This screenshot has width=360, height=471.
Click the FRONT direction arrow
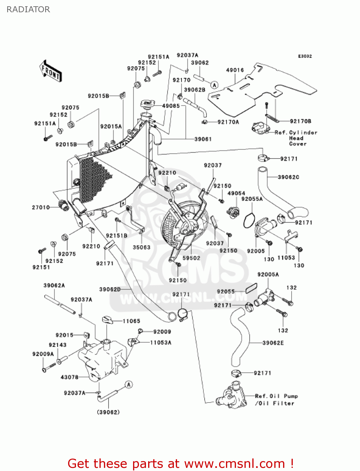click(50, 71)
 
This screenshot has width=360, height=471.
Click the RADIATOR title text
click(28, 9)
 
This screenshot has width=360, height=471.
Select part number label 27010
click(41, 207)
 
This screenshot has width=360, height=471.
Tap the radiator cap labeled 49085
click(147, 104)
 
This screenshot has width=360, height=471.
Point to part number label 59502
click(191, 258)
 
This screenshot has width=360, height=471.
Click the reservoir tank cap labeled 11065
click(107, 320)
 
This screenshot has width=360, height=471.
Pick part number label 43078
click(69, 377)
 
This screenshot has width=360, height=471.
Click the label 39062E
click(273, 343)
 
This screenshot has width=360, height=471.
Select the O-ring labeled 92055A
click(249, 220)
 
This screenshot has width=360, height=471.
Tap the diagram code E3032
click(305, 56)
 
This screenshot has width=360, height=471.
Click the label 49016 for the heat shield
click(235, 70)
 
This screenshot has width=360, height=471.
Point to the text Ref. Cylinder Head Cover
click(296, 138)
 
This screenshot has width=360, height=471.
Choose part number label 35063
click(142, 247)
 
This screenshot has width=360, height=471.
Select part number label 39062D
click(110, 289)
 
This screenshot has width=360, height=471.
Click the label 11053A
click(161, 342)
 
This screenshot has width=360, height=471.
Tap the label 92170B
click(300, 121)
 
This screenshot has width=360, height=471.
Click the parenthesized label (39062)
click(108, 412)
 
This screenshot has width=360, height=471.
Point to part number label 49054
click(236, 193)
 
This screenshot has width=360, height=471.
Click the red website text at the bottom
click(180, 463)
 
